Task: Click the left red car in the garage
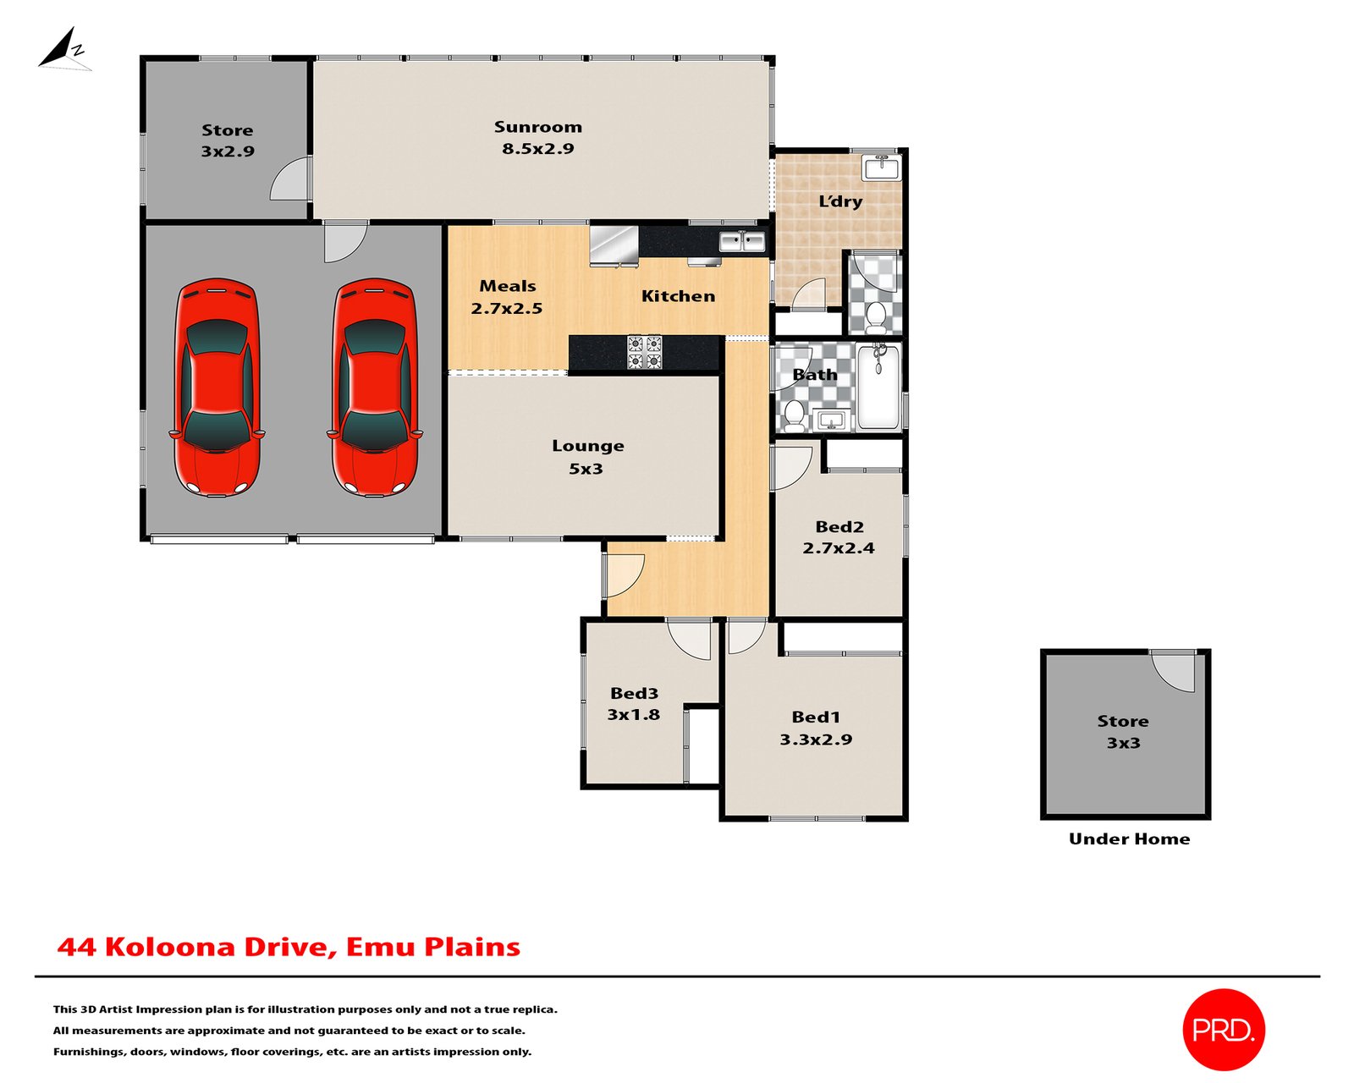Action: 217,388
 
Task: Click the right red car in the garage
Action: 375,388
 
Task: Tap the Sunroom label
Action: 538,127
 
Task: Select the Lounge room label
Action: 587,446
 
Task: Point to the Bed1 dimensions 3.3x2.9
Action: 816,739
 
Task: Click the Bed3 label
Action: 634,694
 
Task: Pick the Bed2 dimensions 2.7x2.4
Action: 839,548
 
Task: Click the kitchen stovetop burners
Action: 644,352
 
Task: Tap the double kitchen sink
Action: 742,242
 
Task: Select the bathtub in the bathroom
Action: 879,387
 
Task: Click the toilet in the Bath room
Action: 795,416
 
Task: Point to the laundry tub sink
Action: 882,168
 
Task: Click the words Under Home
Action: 1130,838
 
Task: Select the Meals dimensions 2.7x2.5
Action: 507,308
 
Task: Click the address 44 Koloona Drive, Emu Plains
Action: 289,947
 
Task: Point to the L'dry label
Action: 840,201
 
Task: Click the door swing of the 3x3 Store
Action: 1173,672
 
